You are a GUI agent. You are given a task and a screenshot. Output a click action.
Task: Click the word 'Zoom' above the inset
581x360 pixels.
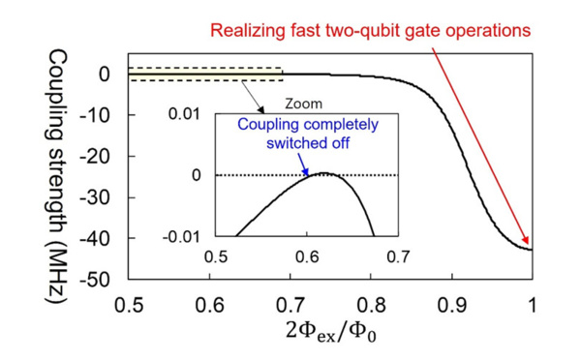[304, 103]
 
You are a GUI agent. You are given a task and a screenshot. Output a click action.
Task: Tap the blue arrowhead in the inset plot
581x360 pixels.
[309, 171]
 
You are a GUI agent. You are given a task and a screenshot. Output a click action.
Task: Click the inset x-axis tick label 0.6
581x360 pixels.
[307, 257]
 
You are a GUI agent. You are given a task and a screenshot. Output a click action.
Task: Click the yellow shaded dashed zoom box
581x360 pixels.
[204, 74]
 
